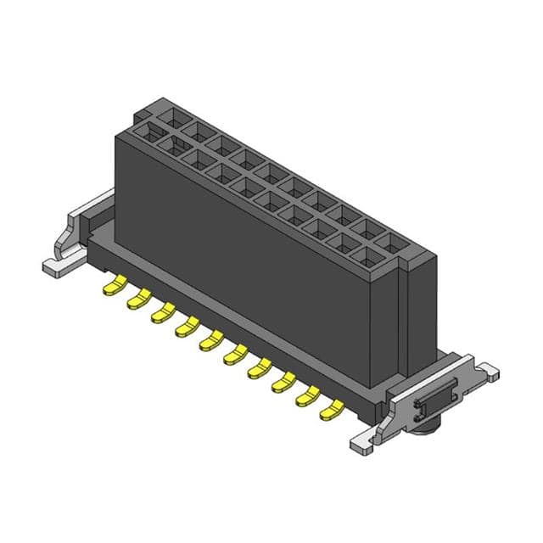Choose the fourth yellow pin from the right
pyautogui.click(x=258, y=369)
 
